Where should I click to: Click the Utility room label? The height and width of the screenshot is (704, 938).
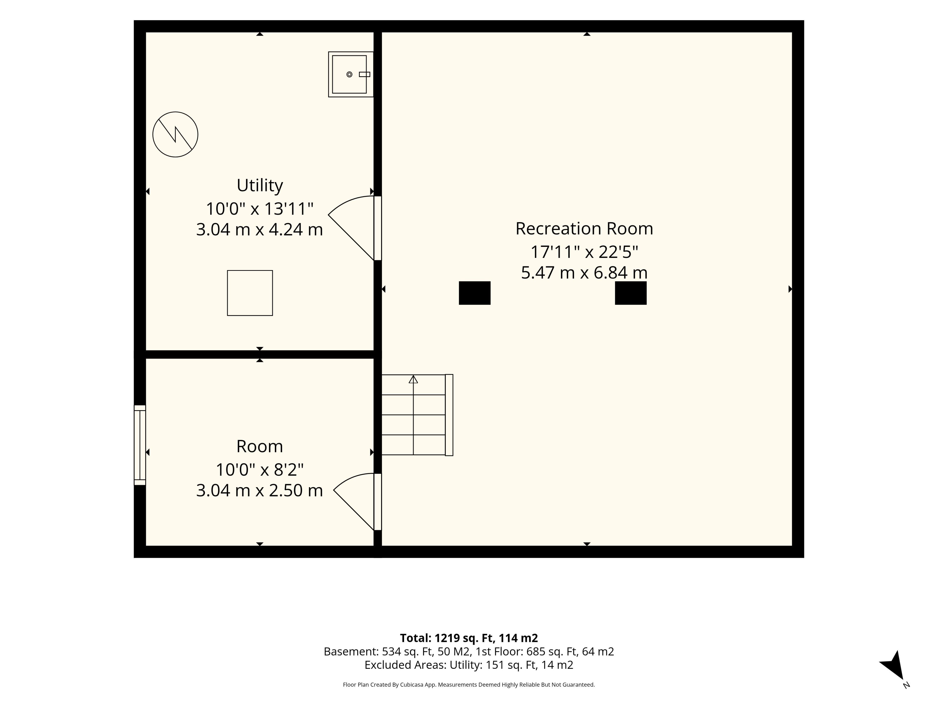click(259, 186)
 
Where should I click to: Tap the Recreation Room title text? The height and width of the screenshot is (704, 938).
click(584, 229)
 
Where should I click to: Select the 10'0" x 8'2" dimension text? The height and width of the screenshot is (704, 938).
click(259, 470)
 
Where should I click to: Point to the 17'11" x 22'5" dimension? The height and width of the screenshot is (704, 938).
click(584, 252)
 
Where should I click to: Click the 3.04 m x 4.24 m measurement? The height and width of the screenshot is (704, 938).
click(259, 230)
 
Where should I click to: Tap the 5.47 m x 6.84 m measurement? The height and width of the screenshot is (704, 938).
click(584, 273)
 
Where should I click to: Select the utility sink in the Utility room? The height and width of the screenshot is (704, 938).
click(351, 74)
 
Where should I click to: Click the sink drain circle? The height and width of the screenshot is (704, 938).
click(349, 74)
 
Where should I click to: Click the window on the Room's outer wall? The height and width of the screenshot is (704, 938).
click(140, 445)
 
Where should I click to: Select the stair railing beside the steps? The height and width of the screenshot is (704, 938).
click(449, 415)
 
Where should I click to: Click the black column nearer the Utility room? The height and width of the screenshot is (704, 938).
click(475, 293)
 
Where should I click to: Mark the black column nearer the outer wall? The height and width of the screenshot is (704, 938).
click(630, 293)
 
